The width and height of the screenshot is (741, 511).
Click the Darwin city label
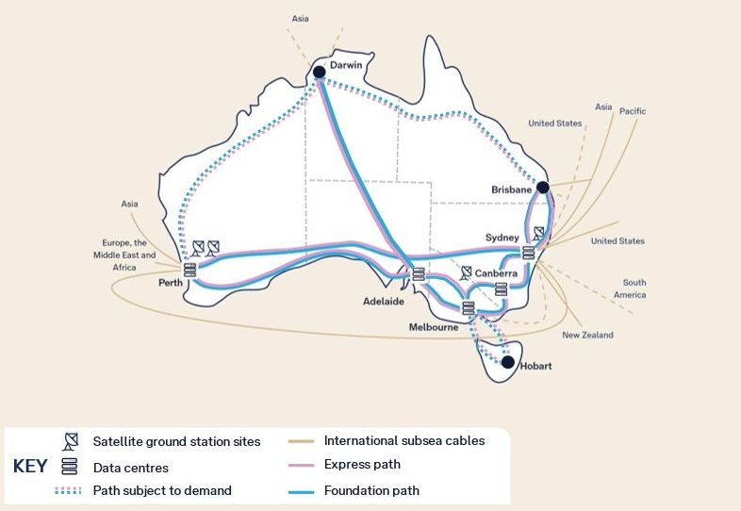(346, 65)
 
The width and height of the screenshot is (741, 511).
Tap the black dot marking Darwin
(320, 72)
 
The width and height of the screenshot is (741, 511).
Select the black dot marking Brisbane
(542, 188)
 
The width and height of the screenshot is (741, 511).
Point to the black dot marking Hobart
(508, 362)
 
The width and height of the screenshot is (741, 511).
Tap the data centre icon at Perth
(189, 270)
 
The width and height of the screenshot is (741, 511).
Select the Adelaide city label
(384, 302)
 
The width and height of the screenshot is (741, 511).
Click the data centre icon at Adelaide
(419, 274)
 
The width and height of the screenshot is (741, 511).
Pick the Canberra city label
(496, 273)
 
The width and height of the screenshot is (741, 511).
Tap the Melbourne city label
(434, 327)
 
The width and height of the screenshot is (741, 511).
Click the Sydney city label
(502, 237)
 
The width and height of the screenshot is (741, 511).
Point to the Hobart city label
(536, 366)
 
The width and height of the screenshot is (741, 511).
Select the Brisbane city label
(512, 190)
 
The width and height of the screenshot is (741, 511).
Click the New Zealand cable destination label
(587, 335)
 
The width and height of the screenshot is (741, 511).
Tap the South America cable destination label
(634, 288)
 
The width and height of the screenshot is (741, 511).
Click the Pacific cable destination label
(633, 111)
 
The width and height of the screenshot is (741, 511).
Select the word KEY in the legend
(30, 466)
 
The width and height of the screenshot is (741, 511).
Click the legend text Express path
(362, 464)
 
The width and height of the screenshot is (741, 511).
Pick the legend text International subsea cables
(404, 440)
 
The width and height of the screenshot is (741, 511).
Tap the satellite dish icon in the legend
(70, 441)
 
